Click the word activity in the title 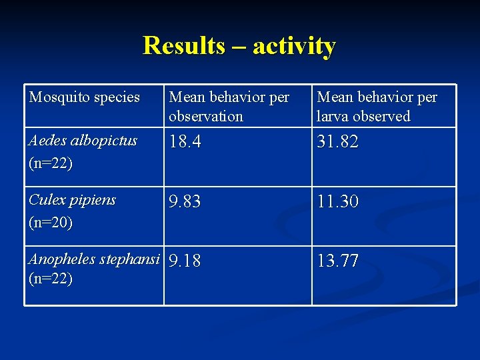click(294, 46)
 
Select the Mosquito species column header click(85, 97)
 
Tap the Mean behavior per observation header click(229, 107)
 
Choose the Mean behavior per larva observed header click(377, 107)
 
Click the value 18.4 click(185, 142)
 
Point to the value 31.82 click(338, 142)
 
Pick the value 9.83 click(185, 202)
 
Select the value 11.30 click(338, 202)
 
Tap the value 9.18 click(185, 261)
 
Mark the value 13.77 click(338, 261)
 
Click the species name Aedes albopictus click(83, 141)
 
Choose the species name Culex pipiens click(72, 200)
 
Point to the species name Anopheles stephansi click(94, 259)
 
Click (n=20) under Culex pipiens click(51, 222)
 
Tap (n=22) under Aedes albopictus click(51, 163)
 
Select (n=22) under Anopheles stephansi click(51, 278)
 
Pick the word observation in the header click(206, 116)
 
